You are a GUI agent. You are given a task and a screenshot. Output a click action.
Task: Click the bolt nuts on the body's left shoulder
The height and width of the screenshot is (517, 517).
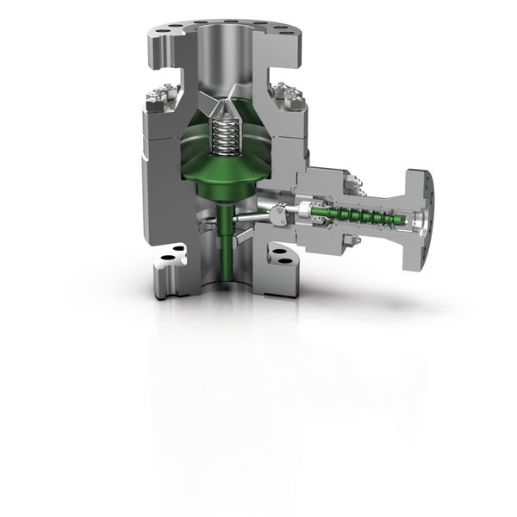[x=161, y=97]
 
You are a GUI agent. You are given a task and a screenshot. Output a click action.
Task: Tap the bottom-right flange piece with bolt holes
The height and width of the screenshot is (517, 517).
[x=280, y=256]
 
